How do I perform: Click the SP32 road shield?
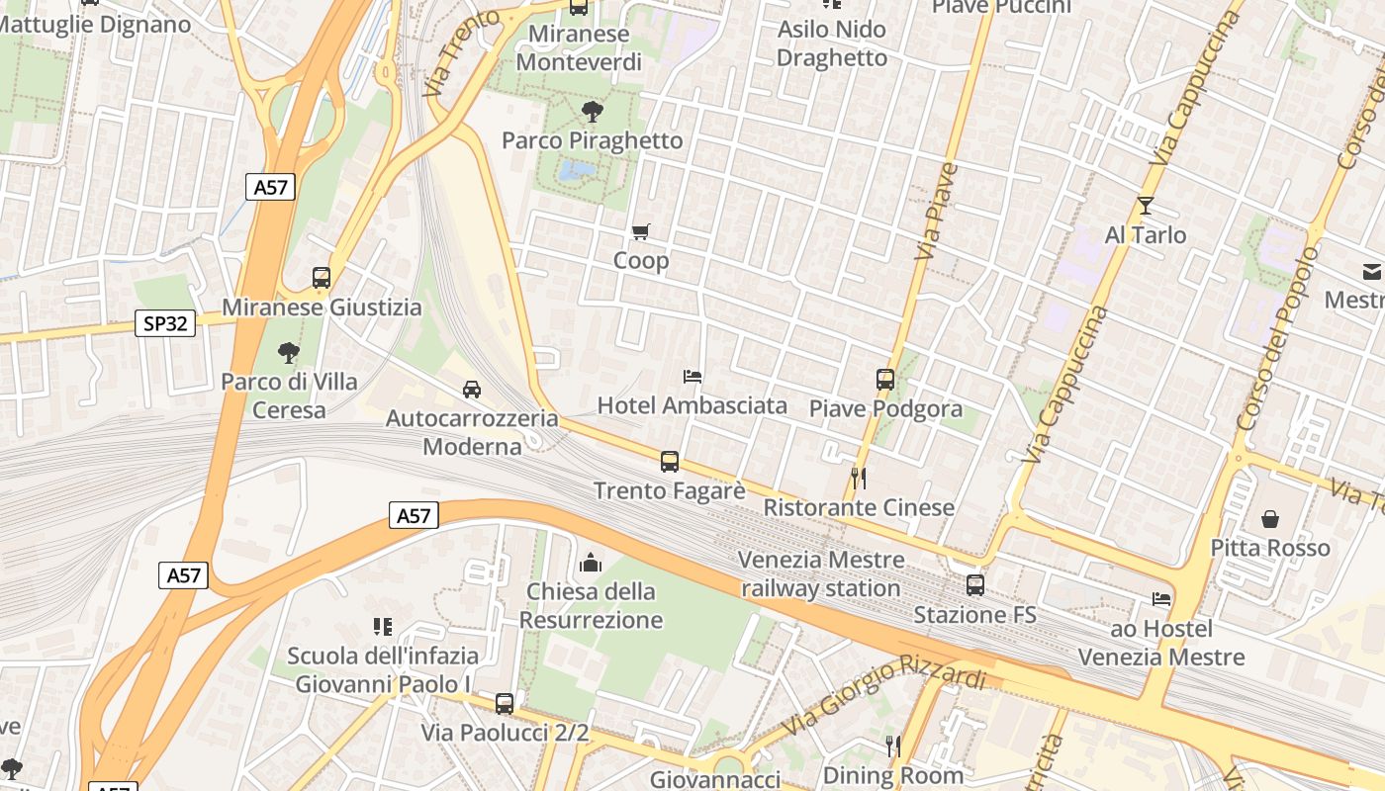pos(165,323)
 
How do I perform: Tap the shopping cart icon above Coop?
pos(641,232)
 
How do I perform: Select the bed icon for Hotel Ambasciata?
pos(692,377)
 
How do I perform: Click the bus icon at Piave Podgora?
pos(884,380)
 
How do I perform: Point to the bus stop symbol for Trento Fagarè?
pos(670,462)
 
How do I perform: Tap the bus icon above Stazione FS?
pos(975,585)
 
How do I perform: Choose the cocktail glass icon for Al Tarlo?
pos(1146,206)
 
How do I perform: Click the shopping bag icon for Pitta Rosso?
pos(1270,519)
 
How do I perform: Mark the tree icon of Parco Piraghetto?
pos(593,111)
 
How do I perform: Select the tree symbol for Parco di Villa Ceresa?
pos(289,352)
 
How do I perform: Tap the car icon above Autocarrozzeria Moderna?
pos(472,390)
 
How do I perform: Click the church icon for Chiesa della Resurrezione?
pos(591,563)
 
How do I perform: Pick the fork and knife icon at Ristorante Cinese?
pos(859,479)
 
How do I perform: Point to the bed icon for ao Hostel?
pos(1160,599)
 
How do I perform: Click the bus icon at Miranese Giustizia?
pos(322,278)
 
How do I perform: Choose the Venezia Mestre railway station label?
pos(821,574)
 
